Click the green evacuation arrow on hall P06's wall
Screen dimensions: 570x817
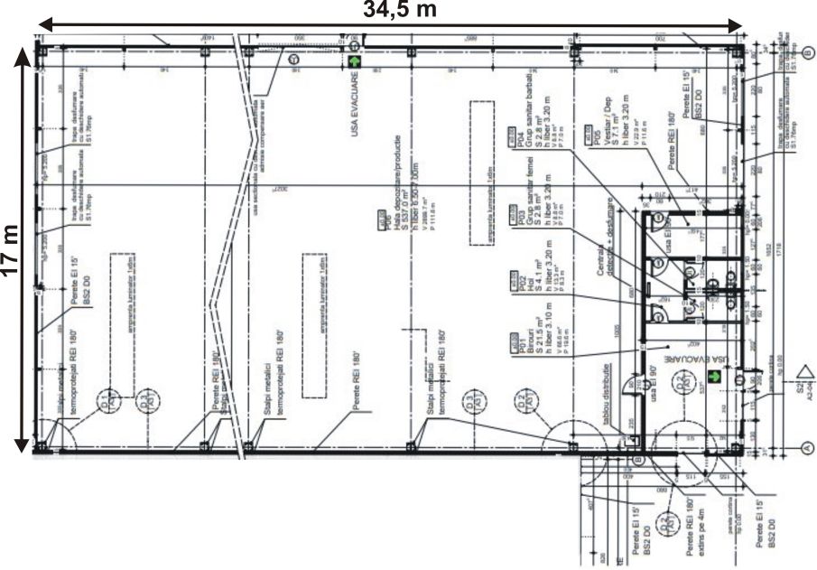coord(354,64)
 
